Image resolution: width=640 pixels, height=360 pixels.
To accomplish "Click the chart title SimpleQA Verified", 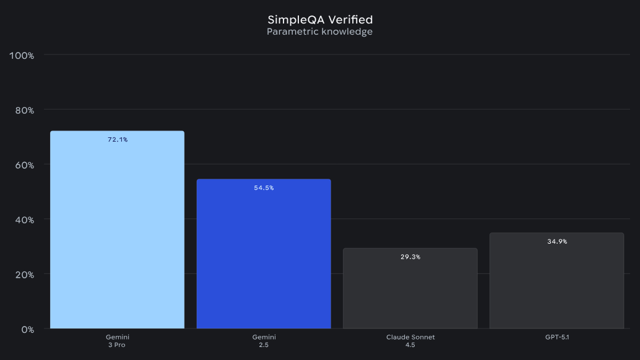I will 320,20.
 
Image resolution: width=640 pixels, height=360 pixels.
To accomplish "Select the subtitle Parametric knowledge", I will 320,32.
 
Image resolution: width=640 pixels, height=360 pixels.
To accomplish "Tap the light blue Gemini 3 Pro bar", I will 117,235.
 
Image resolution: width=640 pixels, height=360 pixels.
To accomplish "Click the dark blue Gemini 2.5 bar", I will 264,260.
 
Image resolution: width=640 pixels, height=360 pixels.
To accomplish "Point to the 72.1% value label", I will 118,140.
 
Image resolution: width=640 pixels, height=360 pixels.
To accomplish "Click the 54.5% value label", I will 264,188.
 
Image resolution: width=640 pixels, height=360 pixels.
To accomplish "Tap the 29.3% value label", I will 410,257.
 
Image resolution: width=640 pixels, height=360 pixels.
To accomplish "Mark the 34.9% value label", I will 557,242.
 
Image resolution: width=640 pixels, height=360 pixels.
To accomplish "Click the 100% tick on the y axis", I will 22,56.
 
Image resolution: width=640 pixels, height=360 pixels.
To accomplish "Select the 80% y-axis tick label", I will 24,110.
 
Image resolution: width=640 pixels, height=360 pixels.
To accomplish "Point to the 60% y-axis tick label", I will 24,165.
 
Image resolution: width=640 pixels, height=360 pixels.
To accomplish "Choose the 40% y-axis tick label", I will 24,220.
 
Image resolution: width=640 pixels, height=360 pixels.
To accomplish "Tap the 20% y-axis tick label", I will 24,275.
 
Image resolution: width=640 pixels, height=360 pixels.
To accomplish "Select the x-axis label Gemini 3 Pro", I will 118,341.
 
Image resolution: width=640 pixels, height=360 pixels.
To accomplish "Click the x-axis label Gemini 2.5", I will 264,341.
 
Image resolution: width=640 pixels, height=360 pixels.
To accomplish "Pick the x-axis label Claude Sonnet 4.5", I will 410,341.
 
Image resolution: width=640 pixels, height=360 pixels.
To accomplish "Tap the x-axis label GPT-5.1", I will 556,337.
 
